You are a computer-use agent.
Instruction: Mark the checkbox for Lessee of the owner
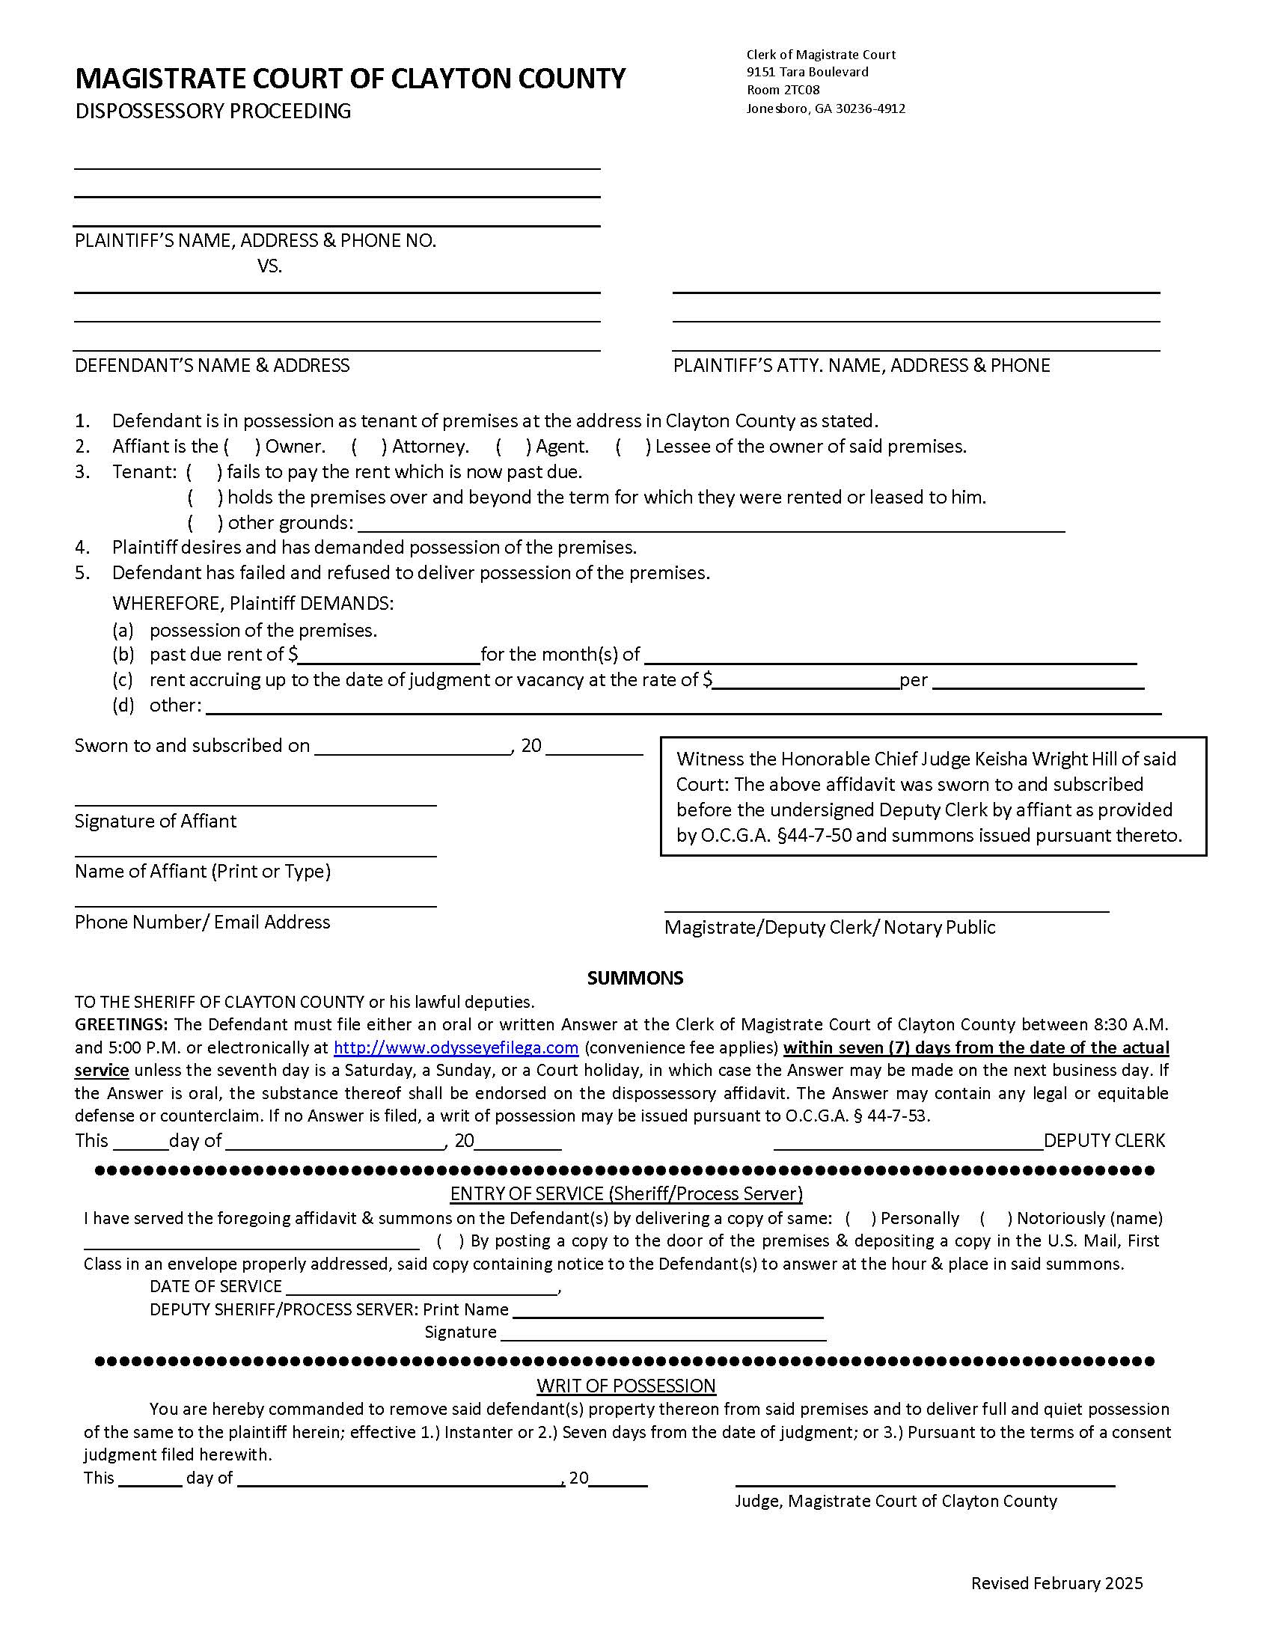(633, 447)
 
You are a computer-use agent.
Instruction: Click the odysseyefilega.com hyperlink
(456, 1047)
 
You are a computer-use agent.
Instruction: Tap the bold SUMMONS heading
(635, 979)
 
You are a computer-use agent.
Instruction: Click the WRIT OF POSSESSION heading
(626, 1386)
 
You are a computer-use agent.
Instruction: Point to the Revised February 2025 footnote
(1057, 1583)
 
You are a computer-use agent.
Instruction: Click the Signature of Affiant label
(155, 821)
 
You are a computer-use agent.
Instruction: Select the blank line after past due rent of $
(389, 655)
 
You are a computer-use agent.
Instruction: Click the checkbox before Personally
(860, 1219)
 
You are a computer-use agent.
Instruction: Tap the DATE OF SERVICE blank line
(422, 1288)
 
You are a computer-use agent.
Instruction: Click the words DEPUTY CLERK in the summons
(1104, 1140)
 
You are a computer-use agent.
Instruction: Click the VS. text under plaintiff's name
(269, 266)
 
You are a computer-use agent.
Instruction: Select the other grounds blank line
(712, 524)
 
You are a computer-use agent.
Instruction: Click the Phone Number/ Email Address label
(202, 922)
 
